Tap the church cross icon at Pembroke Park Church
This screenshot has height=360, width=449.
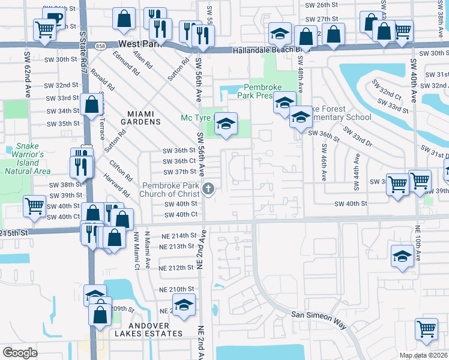(208, 190)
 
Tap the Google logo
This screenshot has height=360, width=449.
(19, 353)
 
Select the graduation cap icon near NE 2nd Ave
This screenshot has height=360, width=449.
(184, 305)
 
